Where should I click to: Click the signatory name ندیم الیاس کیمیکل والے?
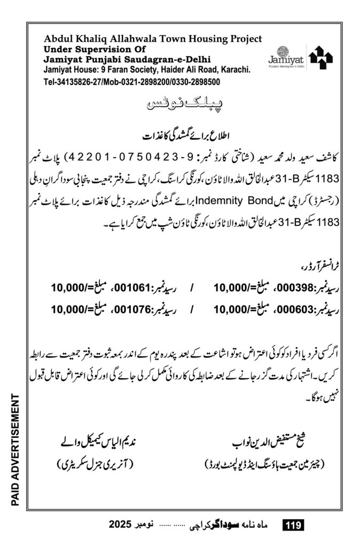pos(99,443)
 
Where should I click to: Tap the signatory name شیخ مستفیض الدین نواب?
pos(263,443)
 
